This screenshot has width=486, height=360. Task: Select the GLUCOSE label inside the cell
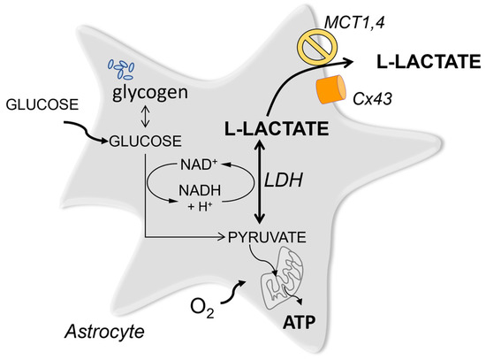pos(141,140)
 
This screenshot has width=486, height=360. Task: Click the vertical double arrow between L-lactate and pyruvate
pos(259,185)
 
